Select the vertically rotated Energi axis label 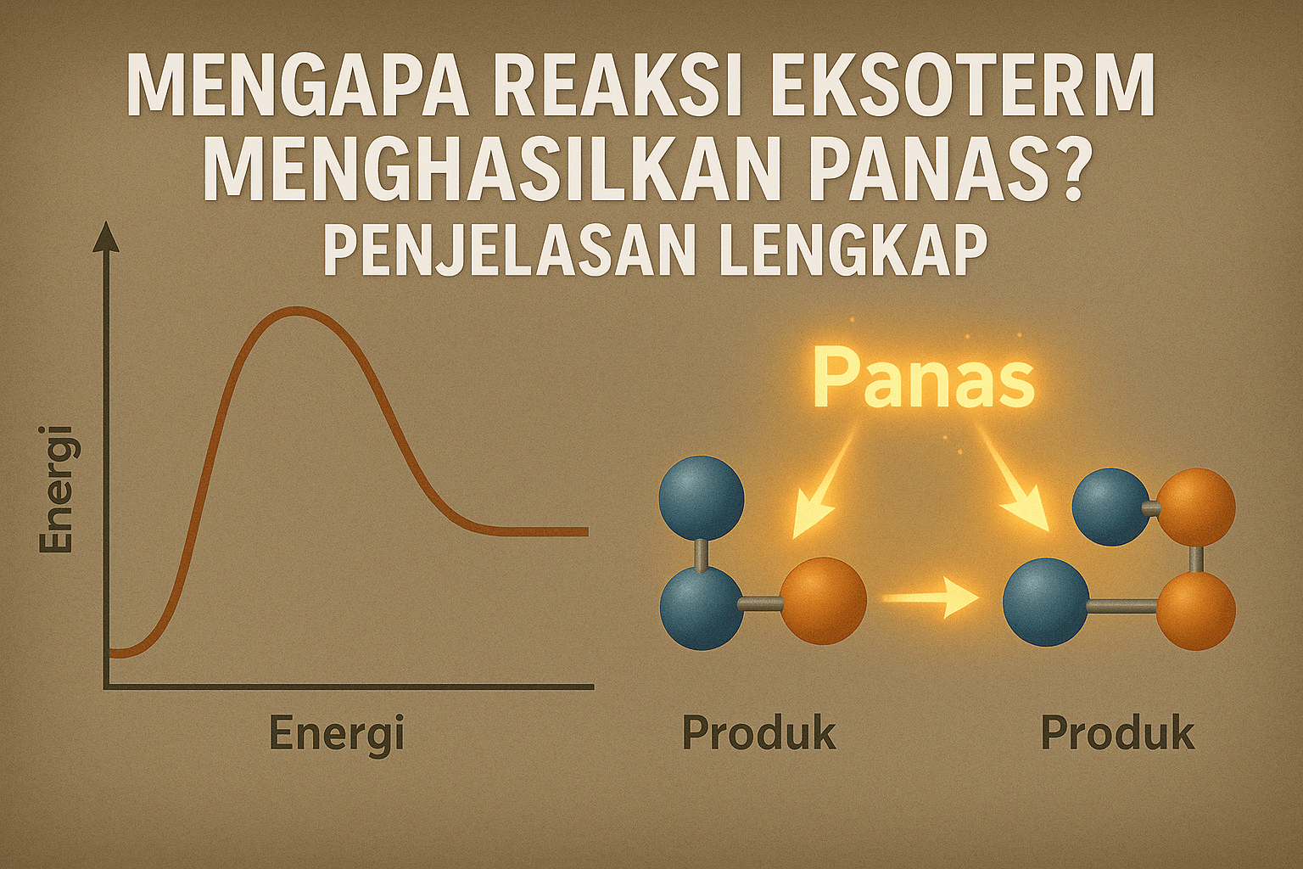coord(57,490)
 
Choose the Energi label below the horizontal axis coord(337,733)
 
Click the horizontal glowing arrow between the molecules coord(931,599)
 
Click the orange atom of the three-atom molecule coord(822,600)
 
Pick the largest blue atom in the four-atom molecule coord(1046,602)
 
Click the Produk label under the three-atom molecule coord(759,733)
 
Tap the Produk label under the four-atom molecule coord(1117,733)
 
